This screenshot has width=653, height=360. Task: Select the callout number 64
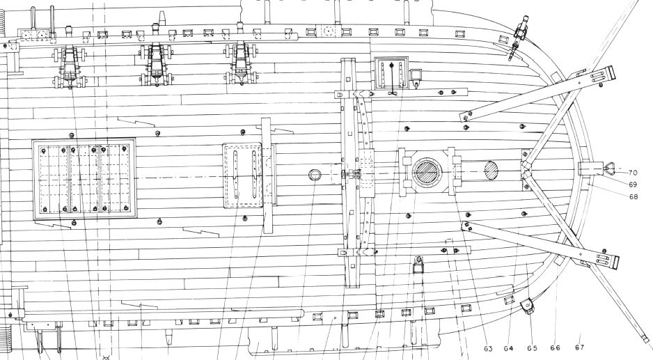[508, 348]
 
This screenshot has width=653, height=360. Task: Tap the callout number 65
[533, 348]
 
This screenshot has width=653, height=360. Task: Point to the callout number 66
[556, 347]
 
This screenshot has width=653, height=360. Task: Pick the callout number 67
[579, 347]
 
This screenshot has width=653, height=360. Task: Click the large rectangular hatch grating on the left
[84, 179]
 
